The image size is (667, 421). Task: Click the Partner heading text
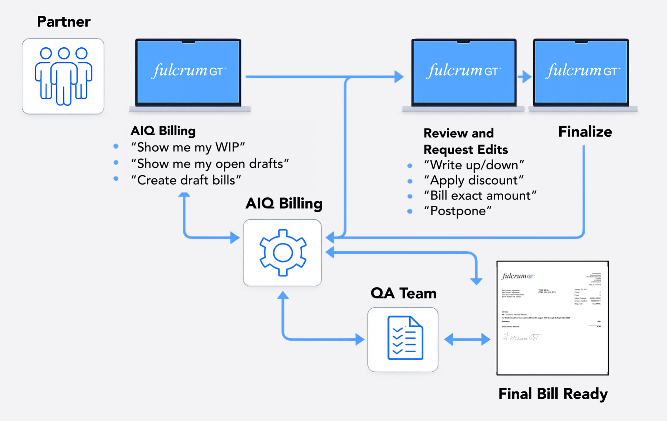(x=63, y=22)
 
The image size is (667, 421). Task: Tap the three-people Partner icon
(x=63, y=76)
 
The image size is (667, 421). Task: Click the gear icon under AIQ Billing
(x=282, y=253)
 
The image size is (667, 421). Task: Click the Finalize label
(x=585, y=132)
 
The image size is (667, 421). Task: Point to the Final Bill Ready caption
(x=553, y=394)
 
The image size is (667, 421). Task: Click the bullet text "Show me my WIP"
(x=188, y=147)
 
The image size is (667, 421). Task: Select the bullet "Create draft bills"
(x=186, y=180)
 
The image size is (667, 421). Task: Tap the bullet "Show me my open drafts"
(x=210, y=164)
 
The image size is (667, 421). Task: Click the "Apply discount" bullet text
(x=474, y=180)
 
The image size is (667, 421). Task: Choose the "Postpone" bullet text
(x=458, y=211)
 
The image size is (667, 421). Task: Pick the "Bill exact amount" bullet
(x=480, y=195)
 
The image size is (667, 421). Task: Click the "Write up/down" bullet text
(x=474, y=165)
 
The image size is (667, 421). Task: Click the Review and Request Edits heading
(x=465, y=141)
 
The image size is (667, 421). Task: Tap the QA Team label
(x=403, y=293)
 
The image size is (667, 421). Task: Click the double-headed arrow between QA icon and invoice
(x=467, y=339)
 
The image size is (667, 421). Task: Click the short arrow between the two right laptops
(x=524, y=76)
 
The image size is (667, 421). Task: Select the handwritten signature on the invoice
(x=522, y=337)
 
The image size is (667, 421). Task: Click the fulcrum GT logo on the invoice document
(x=518, y=276)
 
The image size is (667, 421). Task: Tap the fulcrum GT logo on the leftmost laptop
(x=189, y=71)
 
